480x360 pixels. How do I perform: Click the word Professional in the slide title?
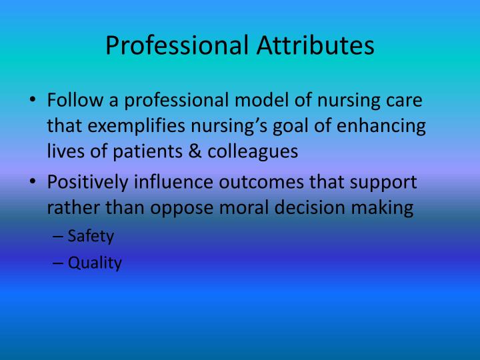[175, 45]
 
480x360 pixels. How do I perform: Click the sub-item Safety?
[91, 237]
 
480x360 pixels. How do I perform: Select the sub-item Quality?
[95, 263]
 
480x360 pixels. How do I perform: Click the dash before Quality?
[57, 263]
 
